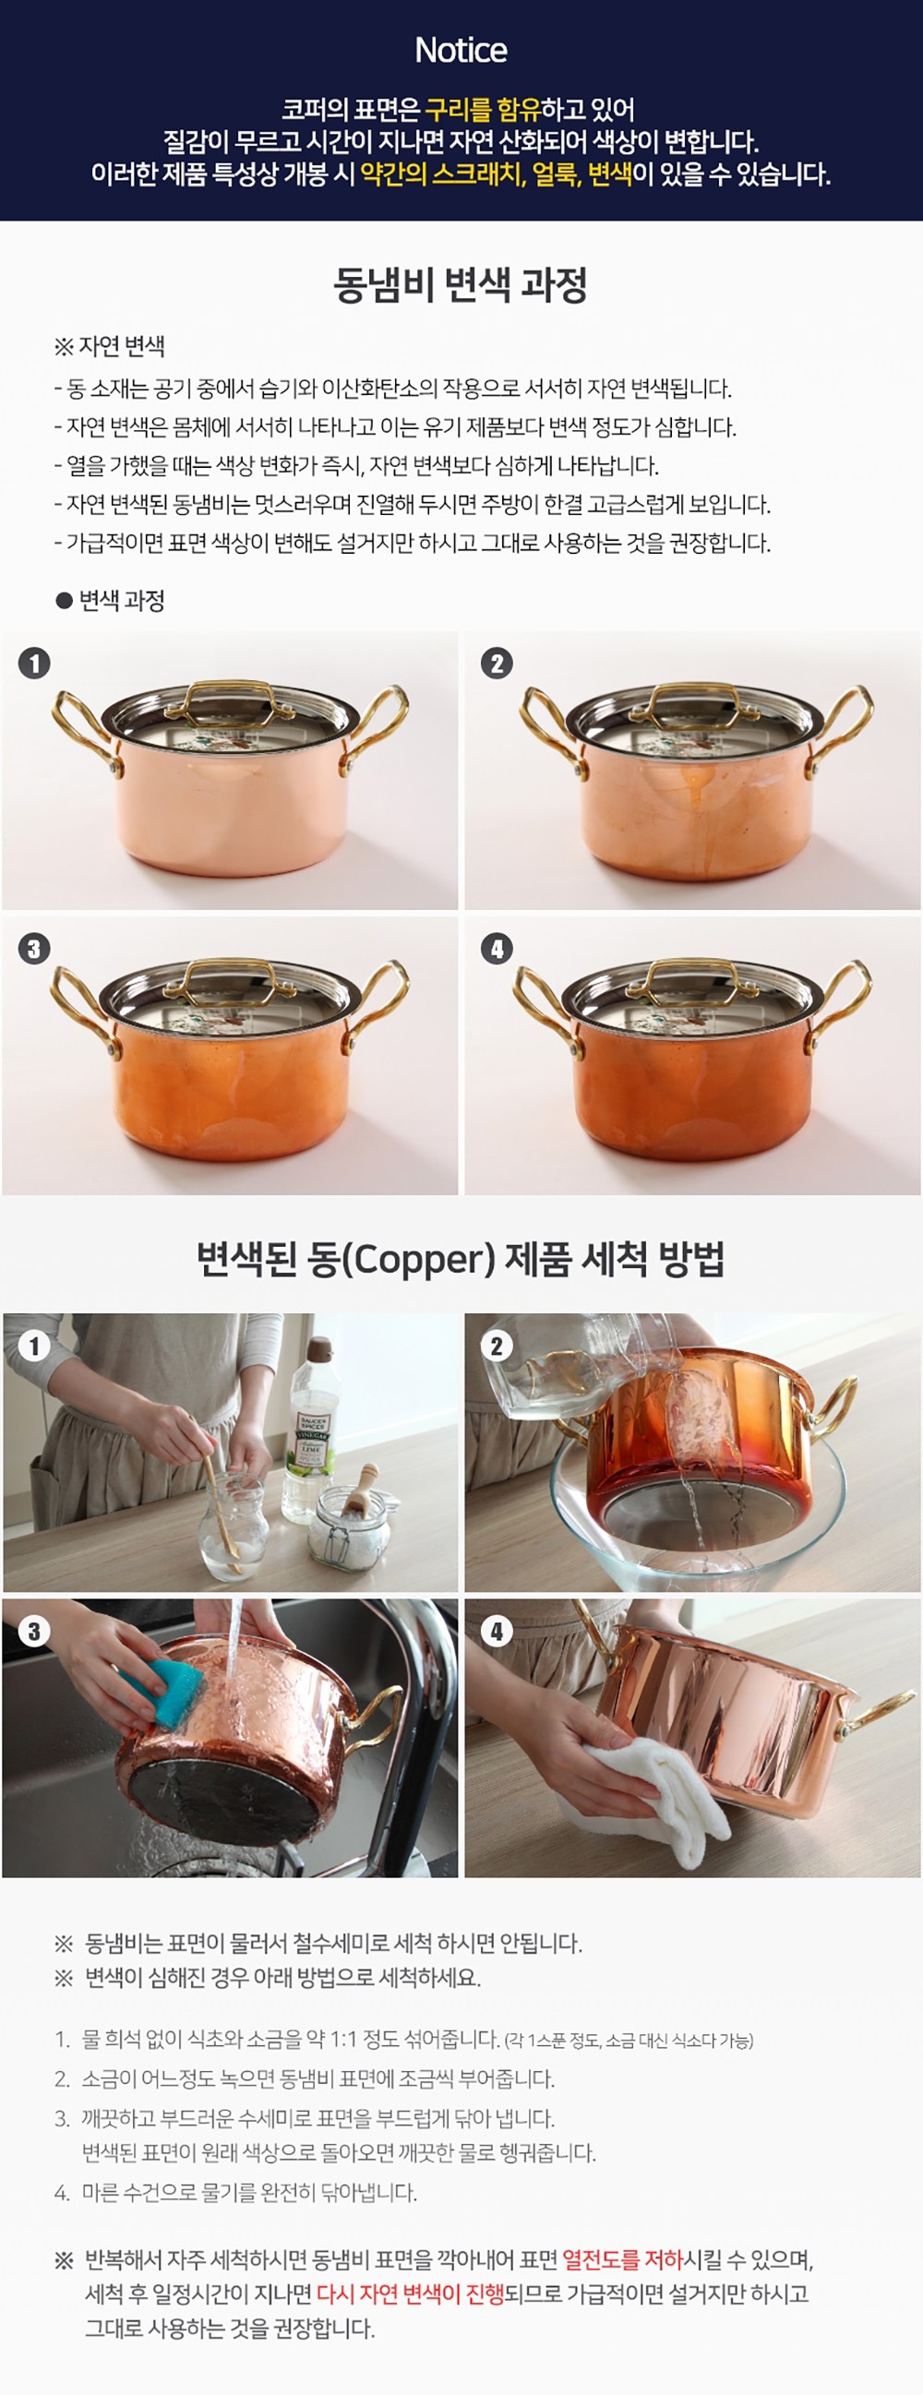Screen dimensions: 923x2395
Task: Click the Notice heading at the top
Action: tap(461, 50)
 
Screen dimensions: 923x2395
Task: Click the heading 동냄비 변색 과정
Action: tap(461, 284)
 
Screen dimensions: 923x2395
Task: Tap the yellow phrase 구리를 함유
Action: tap(484, 110)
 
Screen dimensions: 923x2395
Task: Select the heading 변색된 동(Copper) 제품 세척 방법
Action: tap(461, 1259)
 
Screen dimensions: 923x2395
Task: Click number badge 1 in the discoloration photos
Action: tap(34, 663)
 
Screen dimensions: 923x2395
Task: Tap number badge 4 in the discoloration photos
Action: tap(497, 949)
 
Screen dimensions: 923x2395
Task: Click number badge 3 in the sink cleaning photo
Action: tap(34, 1631)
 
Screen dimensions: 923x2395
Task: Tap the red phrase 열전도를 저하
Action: tap(622, 2258)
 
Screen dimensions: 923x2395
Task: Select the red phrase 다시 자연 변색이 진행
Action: tap(410, 2293)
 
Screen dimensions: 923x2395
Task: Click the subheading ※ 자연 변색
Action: tap(110, 347)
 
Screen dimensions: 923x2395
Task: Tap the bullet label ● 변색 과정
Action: tap(110, 601)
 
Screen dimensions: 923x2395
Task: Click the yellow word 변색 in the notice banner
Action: tap(611, 174)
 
